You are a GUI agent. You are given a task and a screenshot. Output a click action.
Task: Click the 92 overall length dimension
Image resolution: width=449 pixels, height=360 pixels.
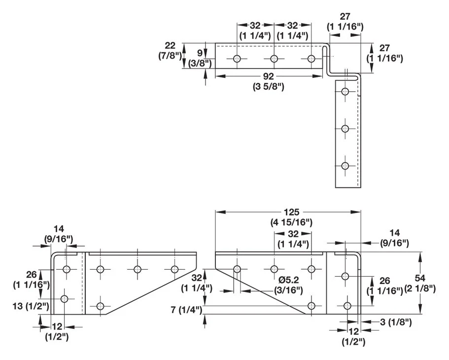pyautogui.click(x=268, y=76)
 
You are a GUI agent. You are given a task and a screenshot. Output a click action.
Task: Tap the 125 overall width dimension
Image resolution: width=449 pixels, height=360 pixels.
pyautogui.click(x=291, y=212)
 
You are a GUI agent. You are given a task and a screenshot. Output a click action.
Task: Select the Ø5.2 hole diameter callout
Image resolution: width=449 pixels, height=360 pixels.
pyautogui.click(x=288, y=280)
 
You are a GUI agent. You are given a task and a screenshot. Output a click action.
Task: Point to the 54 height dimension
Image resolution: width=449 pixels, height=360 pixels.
pyautogui.click(x=420, y=278)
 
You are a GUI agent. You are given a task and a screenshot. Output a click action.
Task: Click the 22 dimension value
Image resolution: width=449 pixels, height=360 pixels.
pyautogui.click(x=170, y=45)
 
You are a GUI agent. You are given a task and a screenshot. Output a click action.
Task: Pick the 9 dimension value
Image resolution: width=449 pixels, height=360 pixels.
pyautogui.click(x=200, y=53)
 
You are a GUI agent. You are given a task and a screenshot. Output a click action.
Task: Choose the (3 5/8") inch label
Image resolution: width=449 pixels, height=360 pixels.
pyautogui.click(x=268, y=86)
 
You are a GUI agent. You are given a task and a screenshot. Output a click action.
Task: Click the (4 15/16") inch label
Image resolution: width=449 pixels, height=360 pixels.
pyautogui.click(x=291, y=222)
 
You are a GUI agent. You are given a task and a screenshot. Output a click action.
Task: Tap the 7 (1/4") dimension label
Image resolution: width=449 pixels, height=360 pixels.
pyautogui.click(x=187, y=310)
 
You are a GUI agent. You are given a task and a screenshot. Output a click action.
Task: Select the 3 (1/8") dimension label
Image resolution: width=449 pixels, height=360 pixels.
pyautogui.click(x=396, y=322)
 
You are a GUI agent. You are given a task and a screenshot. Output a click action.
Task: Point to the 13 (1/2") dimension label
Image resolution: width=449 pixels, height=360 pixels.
pyautogui.click(x=31, y=306)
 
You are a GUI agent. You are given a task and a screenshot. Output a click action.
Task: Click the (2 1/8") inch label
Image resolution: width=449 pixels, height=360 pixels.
pyautogui.click(x=420, y=288)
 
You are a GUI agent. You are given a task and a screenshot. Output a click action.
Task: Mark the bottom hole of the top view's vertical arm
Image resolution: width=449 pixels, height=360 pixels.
pyautogui.click(x=345, y=166)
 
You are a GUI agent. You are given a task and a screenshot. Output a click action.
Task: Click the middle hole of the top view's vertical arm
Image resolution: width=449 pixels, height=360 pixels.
pyautogui.click(x=345, y=128)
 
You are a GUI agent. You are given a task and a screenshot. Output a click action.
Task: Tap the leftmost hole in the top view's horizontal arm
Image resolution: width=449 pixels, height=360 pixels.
pyautogui.click(x=237, y=59)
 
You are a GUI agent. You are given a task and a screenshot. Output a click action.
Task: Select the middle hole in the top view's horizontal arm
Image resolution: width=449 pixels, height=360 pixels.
pyautogui.click(x=275, y=59)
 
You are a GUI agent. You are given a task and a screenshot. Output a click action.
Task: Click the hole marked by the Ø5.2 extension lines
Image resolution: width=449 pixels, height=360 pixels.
pyautogui.click(x=237, y=269)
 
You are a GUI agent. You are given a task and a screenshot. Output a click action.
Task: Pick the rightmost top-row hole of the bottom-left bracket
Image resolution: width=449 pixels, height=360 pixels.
pyautogui.click(x=174, y=269)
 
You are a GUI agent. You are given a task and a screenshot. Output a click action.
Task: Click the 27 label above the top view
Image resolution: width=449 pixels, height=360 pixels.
pyautogui.click(x=345, y=17)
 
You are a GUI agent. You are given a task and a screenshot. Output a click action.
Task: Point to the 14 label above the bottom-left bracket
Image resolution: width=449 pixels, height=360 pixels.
pyautogui.click(x=59, y=229)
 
